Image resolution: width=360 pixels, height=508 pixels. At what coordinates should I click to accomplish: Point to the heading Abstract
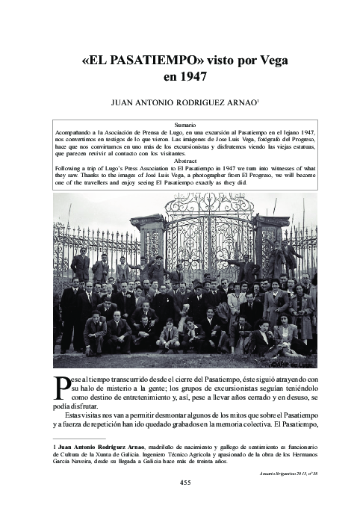pyautogui.click(x=184, y=161)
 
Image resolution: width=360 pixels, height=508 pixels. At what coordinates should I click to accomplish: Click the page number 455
pyautogui.click(x=184, y=482)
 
